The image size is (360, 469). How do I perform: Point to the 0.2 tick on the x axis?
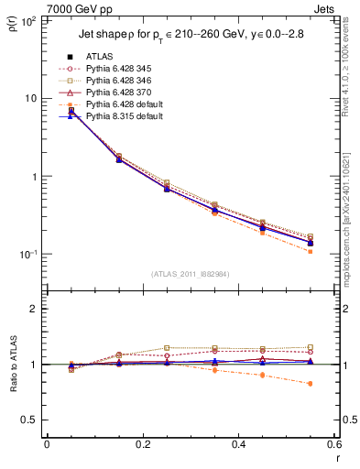(x=142, y=445)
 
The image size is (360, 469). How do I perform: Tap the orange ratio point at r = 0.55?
(x=311, y=383)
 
